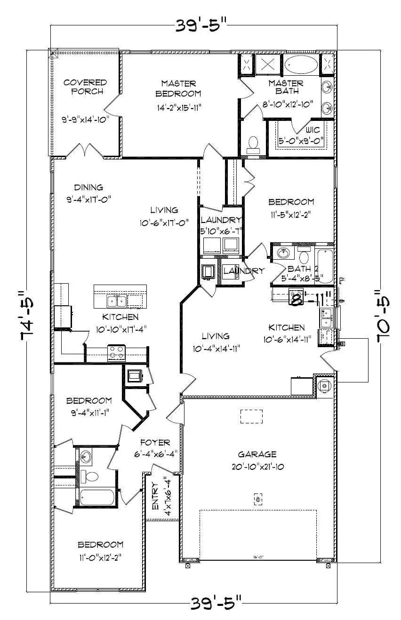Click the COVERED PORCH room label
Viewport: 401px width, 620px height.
pyautogui.click(x=86, y=87)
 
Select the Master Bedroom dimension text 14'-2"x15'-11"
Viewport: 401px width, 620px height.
pyautogui.click(x=178, y=107)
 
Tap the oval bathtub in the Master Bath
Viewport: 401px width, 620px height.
pyautogui.click(x=301, y=65)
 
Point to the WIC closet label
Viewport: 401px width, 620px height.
pyautogui.click(x=313, y=129)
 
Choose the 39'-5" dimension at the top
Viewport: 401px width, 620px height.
pyautogui.click(x=201, y=25)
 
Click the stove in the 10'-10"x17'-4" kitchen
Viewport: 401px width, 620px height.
pyautogui.click(x=116, y=352)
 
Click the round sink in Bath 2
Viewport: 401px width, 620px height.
pyautogui.click(x=283, y=253)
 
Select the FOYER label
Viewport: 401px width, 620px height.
pyautogui.click(x=155, y=443)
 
